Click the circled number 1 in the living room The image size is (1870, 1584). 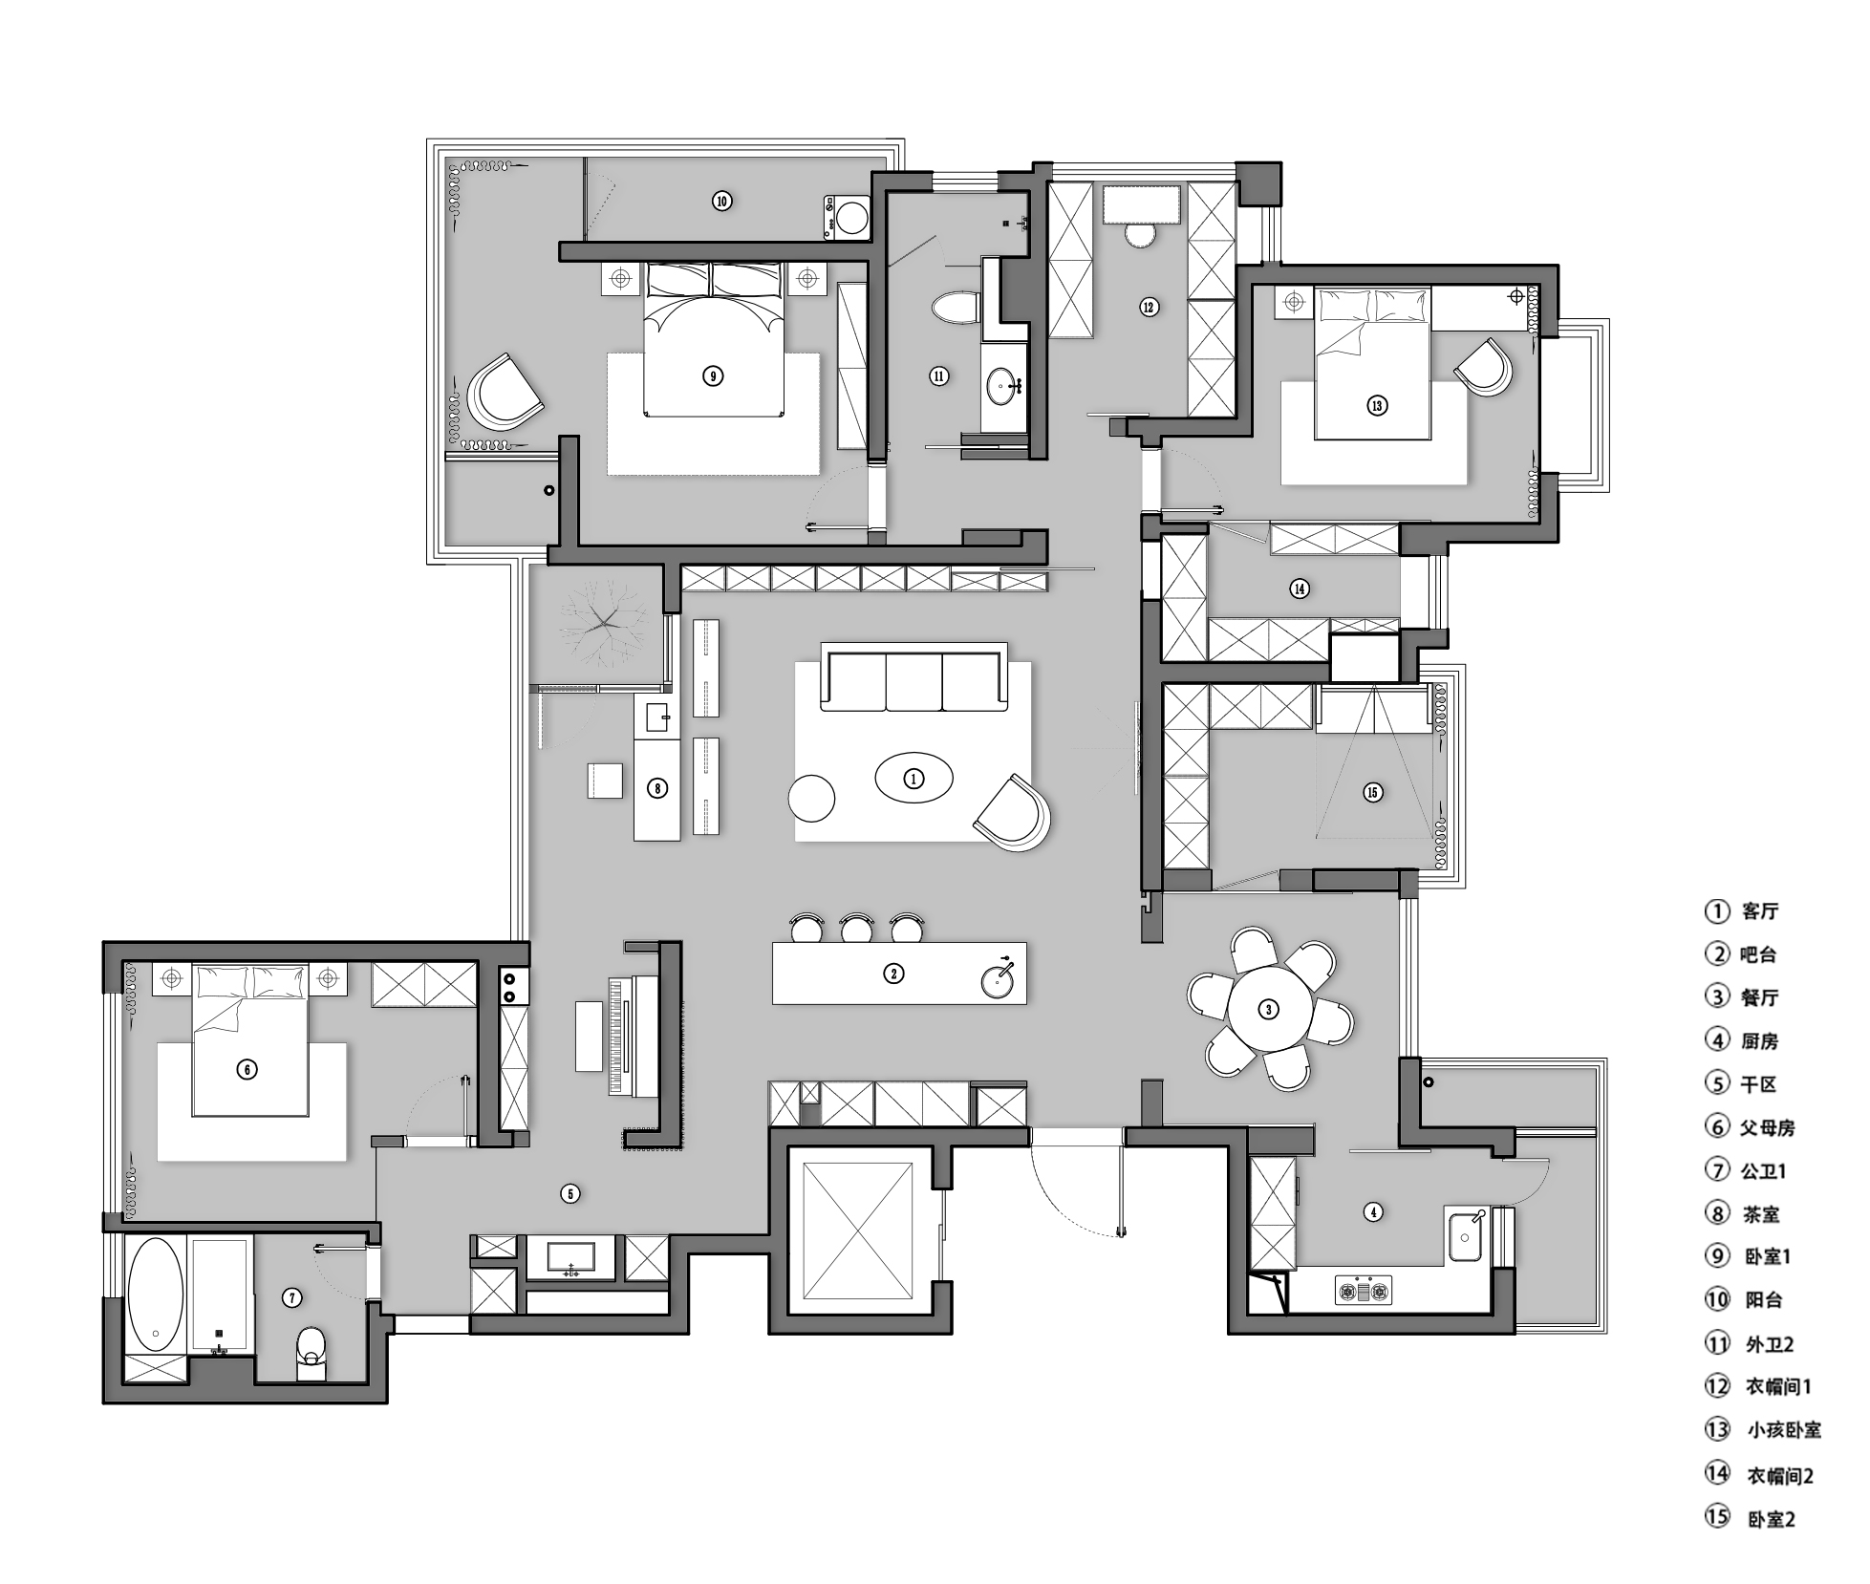pos(914,780)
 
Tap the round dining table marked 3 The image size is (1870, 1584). pos(1269,1009)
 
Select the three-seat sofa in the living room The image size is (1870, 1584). pos(914,677)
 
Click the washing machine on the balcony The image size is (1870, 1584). pos(847,216)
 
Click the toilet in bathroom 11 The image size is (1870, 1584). pos(955,307)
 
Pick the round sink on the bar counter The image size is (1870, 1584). pos(999,978)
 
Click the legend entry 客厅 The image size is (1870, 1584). pos(1759,911)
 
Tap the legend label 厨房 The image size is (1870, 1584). pos(1759,1040)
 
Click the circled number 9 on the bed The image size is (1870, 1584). pos(713,375)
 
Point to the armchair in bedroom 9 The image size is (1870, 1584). pos(505,393)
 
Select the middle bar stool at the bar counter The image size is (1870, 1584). pos(857,928)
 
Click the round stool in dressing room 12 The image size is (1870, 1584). pos(1140,234)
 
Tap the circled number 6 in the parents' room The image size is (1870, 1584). pos(247,1069)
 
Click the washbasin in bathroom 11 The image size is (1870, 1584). pos(1003,388)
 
